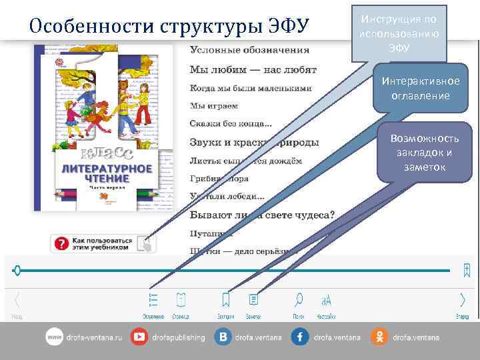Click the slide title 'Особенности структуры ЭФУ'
[170, 26]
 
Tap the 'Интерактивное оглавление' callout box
[420, 88]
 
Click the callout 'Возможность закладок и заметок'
[424, 153]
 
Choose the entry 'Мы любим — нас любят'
[253, 69]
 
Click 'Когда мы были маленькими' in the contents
[250, 88]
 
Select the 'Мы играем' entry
[213, 105]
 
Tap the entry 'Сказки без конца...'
[231, 123]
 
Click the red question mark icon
[61, 244]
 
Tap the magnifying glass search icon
[299, 299]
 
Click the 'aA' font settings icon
[327, 300]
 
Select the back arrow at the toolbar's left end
[17, 300]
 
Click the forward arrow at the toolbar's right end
[462, 300]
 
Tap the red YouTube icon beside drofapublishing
[140, 337]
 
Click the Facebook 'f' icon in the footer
[299, 337]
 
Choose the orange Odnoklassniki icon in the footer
[379, 337]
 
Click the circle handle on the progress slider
[17, 270]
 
